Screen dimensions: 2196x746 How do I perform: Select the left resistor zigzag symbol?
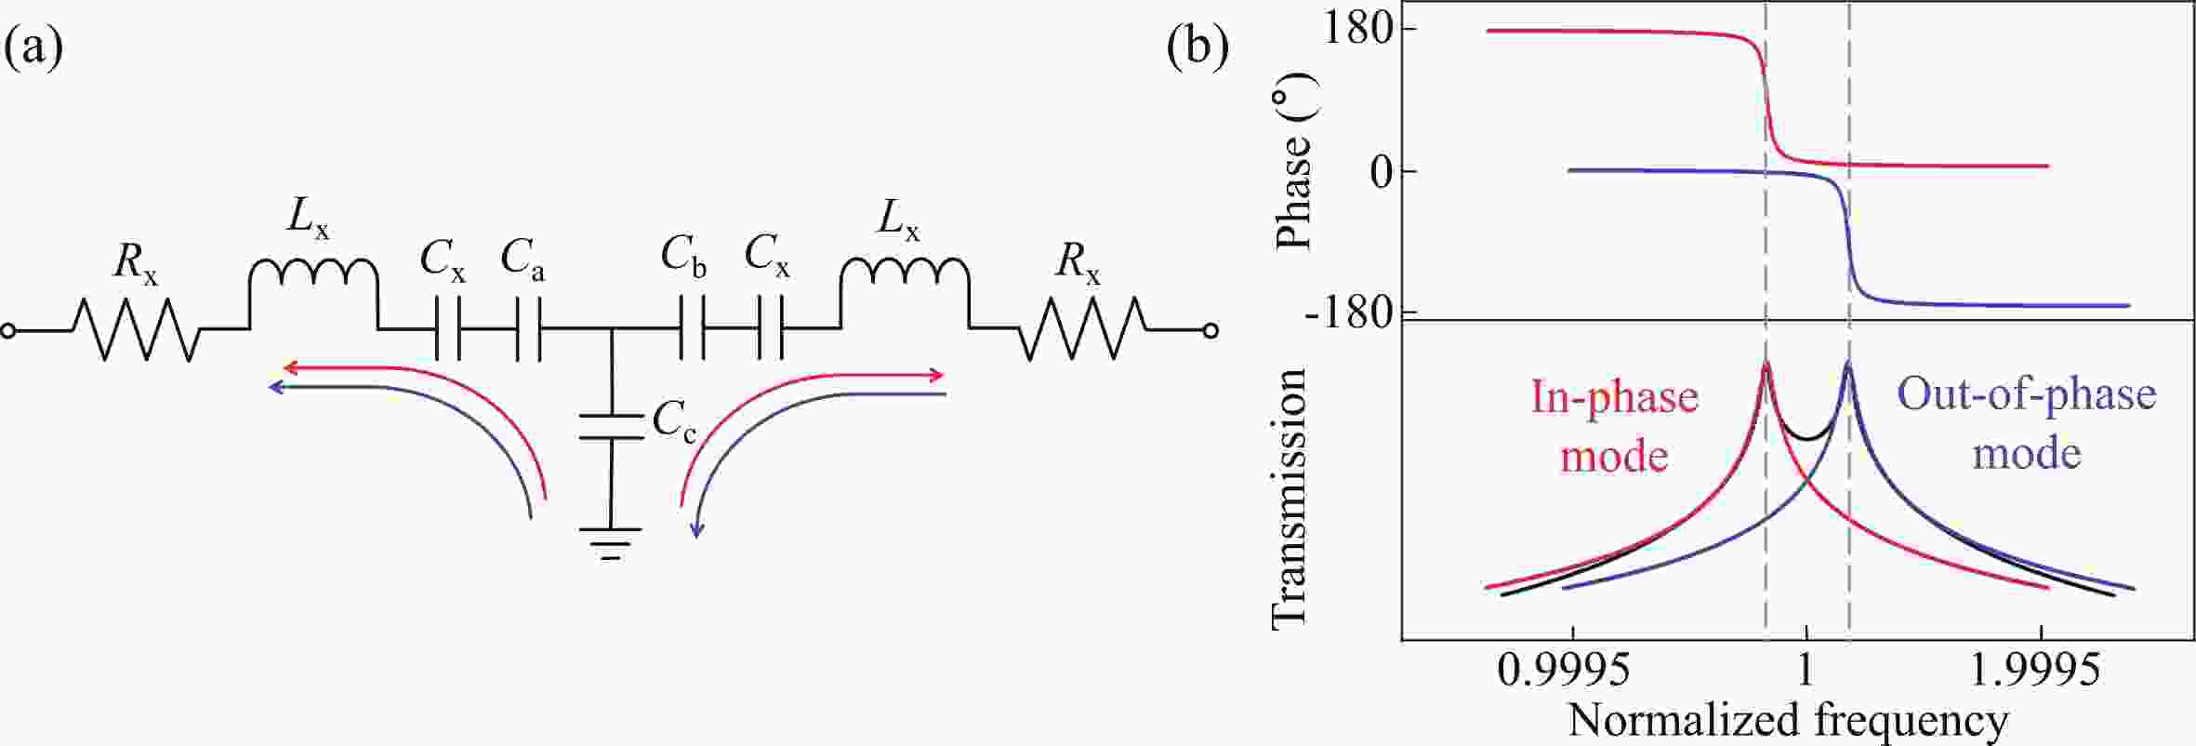pos(136,329)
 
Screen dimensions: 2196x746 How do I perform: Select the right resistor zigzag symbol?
pos(1082,328)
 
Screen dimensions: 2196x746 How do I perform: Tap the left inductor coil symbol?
pos(313,293)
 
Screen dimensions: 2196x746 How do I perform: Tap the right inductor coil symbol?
pos(905,293)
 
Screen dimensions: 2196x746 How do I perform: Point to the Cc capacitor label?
pos(674,422)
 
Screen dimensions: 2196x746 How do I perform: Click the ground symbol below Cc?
pos(611,543)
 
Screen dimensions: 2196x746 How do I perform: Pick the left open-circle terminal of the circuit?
pos(8,330)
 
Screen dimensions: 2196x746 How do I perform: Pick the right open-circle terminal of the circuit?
pos(1210,330)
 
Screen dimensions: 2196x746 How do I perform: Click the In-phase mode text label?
pos(1615,427)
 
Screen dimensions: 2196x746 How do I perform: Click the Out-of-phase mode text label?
pos(2027,424)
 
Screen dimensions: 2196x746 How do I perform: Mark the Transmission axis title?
pos(1289,498)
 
